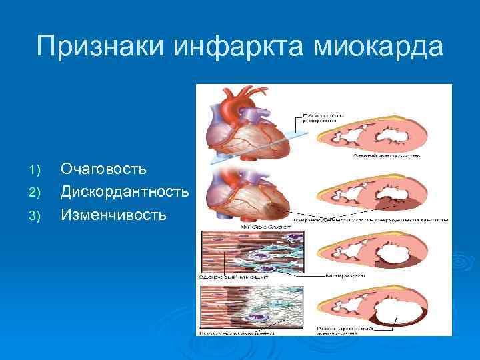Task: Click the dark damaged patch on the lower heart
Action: click(x=274, y=207)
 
